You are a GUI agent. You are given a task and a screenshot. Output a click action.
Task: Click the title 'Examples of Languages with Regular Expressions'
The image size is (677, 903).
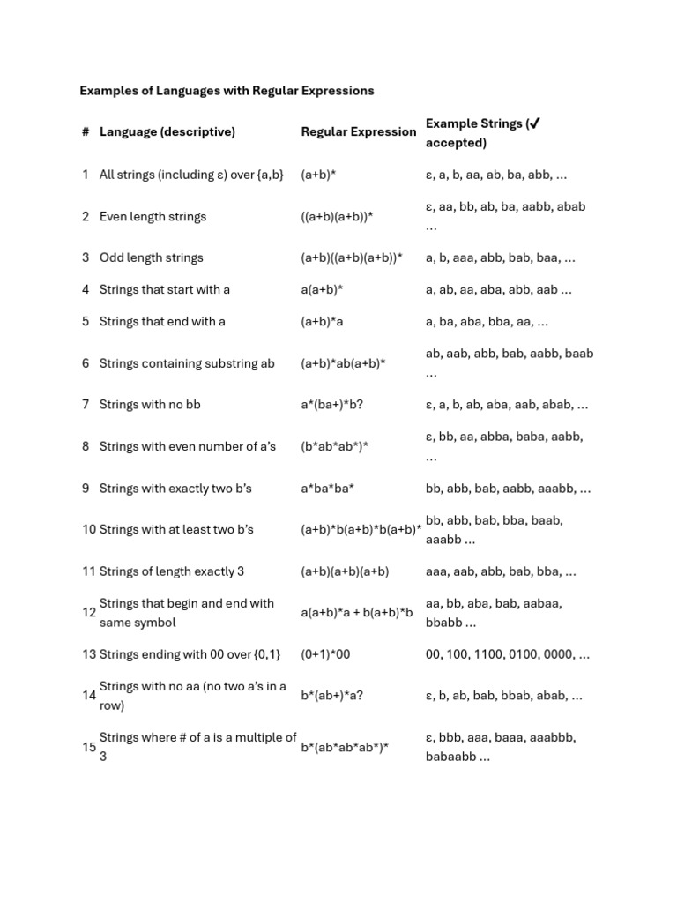[x=227, y=90]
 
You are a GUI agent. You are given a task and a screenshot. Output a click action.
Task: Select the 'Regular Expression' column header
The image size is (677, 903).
[x=358, y=131]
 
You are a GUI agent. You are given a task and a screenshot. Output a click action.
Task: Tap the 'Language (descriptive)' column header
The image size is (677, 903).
[x=167, y=131]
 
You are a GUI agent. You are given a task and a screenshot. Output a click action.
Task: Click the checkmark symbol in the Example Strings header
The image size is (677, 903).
[x=533, y=123]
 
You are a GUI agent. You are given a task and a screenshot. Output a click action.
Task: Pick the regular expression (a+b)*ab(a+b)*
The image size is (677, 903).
[x=343, y=363]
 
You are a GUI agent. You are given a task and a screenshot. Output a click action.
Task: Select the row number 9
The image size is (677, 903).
[x=86, y=488]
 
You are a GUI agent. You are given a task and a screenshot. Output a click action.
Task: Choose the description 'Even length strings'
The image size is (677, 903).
[x=153, y=216]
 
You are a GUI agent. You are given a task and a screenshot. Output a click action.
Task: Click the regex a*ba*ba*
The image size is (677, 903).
[x=327, y=488]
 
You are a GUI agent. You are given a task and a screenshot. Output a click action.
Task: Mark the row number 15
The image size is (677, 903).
[x=89, y=747]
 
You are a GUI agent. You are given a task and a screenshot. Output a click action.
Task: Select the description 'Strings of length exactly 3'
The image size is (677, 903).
[x=172, y=571]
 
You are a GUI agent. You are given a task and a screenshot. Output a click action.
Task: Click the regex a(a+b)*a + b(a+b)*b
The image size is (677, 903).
[x=356, y=613]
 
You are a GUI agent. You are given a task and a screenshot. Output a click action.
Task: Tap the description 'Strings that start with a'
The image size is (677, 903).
[x=164, y=289]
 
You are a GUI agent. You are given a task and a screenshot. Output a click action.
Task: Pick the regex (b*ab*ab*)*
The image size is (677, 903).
[x=334, y=446]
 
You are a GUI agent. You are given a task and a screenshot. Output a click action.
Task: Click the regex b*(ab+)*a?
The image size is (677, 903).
[x=331, y=696]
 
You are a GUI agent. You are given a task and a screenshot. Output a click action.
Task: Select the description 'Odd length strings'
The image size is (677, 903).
[x=151, y=257]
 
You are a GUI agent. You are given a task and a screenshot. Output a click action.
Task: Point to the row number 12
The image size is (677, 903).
[x=89, y=613]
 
